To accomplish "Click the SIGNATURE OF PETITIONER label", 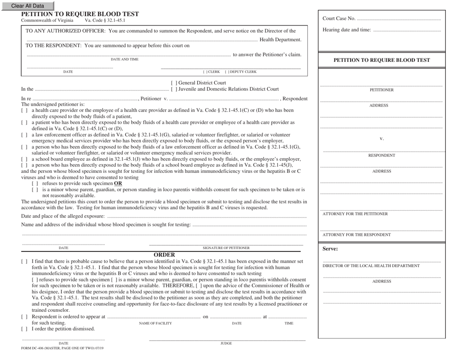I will (x=226, y=248).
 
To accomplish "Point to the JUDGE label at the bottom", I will (x=227, y=344).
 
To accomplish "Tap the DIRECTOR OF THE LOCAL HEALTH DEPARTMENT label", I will (x=371, y=266).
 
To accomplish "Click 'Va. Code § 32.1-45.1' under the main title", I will (x=105, y=20).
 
